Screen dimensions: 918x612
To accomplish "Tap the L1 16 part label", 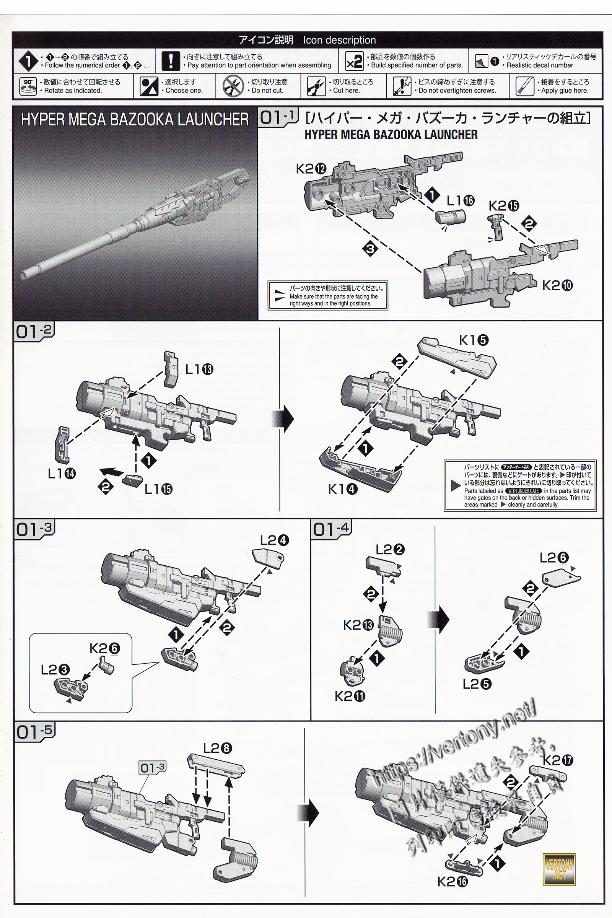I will [460, 200].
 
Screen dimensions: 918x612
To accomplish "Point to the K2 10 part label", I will [557, 286].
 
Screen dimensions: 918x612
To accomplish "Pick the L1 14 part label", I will [62, 474].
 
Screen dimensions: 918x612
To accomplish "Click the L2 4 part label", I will [274, 540].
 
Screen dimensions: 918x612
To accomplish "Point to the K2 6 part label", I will [104, 649].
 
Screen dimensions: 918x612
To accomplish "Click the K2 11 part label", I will [350, 696].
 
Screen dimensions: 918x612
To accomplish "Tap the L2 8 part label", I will [217, 748].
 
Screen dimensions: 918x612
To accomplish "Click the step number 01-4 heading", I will [331, 530].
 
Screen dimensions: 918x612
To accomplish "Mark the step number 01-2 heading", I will [34, 331].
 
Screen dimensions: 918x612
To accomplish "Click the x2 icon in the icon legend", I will [354, 61].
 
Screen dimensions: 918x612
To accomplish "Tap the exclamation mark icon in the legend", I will [171, 61].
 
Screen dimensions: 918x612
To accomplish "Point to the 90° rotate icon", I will [28, 86].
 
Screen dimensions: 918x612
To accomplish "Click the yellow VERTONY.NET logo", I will [559, 869].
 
